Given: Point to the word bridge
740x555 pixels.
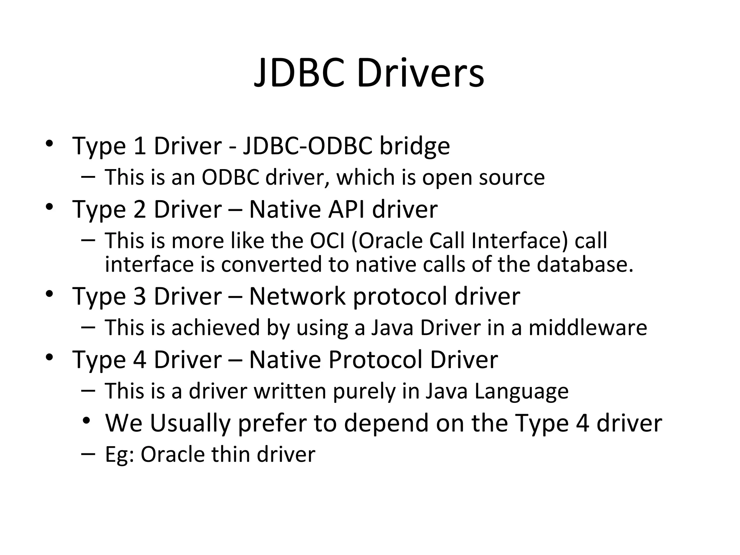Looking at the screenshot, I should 414,146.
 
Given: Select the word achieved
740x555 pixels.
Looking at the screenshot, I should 215,328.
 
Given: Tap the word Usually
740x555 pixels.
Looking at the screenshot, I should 190,423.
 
